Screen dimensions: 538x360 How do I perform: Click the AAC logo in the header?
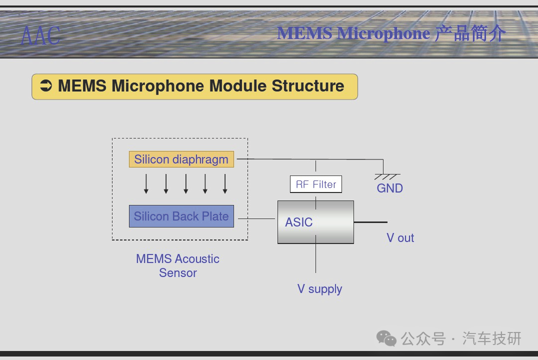40,35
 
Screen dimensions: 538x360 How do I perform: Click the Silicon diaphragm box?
181,159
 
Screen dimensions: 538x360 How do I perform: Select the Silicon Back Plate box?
181,216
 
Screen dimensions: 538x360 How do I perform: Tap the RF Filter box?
315,184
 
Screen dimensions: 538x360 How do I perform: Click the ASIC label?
299,222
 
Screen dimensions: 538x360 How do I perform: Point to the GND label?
390,188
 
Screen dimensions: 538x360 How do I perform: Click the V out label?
400,238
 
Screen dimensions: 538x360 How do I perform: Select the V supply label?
320,289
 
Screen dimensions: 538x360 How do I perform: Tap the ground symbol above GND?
387,176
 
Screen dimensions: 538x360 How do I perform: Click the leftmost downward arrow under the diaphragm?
146,184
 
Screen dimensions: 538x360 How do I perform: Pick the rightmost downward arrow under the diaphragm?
225,184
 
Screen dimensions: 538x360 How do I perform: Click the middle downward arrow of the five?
185,184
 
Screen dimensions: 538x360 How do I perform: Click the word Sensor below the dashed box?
177,273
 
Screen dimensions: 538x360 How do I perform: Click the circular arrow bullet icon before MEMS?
46,86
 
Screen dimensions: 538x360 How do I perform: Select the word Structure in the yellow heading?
308,86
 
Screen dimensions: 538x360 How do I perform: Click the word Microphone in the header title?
383,33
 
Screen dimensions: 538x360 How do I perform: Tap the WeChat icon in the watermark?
386,338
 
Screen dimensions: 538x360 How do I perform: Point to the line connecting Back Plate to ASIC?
256,218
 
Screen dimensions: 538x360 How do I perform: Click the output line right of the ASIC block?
370,222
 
